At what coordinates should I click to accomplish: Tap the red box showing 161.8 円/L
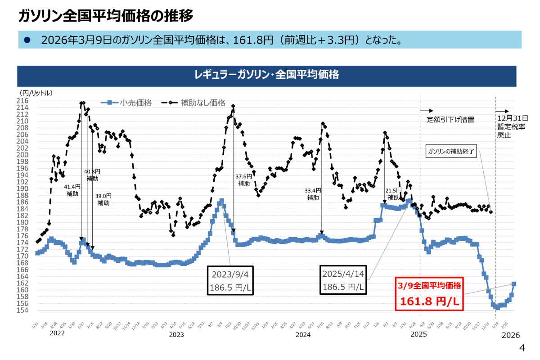429,294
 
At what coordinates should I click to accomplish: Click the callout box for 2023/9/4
230,280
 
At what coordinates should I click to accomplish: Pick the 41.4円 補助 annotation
72,190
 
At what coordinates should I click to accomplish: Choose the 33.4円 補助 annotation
313,194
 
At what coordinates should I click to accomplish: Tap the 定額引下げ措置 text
450,120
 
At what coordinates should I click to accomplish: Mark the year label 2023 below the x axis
176,335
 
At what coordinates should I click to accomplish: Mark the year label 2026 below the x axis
511,335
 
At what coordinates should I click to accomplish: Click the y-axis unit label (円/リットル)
37,93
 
